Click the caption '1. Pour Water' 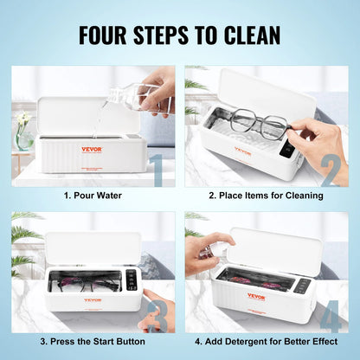93,196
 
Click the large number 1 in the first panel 156,170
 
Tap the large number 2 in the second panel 330,170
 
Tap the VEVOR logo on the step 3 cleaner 91,300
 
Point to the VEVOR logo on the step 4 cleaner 256,296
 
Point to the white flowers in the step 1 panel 23,117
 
